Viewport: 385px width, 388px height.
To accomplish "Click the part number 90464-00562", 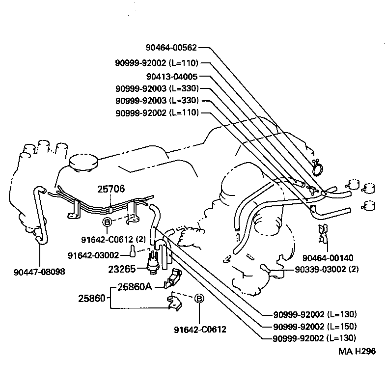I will (171, 48).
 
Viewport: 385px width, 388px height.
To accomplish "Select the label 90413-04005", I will (171, 77).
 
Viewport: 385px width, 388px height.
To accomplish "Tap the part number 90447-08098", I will (40, 271).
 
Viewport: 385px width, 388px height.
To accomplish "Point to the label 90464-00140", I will (328, 258).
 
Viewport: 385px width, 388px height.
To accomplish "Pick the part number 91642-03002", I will (93, 255).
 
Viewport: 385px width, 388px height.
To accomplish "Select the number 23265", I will (121, 269).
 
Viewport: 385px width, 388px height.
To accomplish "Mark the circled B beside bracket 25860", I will (199, 299).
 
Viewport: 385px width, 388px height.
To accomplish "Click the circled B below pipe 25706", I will (107, 223).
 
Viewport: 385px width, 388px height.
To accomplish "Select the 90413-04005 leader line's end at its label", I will (200, 77).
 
